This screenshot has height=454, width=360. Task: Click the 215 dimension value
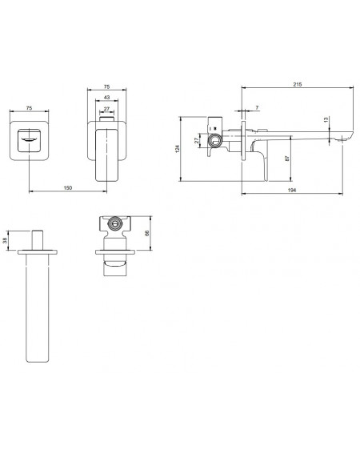click(298, 84)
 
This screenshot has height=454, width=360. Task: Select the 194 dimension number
click(292, 191)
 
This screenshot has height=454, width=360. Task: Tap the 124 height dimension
click(178, 149)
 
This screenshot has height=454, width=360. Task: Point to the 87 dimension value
click(287, 159)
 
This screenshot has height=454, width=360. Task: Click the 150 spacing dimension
click(67, 187)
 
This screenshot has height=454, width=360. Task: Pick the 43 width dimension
click(106, 98)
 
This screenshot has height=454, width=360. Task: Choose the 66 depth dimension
click(146, 233)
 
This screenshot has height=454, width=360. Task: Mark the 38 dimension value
click(5, 240)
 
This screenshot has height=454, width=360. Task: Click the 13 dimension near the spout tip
click(326, 119)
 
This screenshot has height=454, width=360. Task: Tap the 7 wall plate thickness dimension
click(257, 108)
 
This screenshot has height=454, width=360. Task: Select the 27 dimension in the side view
click(197, 140)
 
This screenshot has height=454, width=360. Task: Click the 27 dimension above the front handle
click(106, 109)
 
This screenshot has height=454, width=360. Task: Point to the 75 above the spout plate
click(29, 108)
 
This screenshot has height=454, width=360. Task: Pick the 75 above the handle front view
click(106, 86)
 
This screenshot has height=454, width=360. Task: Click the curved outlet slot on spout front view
click(29, 140)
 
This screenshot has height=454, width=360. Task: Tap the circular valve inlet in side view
click(214, 140)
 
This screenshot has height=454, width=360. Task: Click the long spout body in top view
click(37, 308)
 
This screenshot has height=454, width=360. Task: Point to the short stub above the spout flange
click(38, 240)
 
